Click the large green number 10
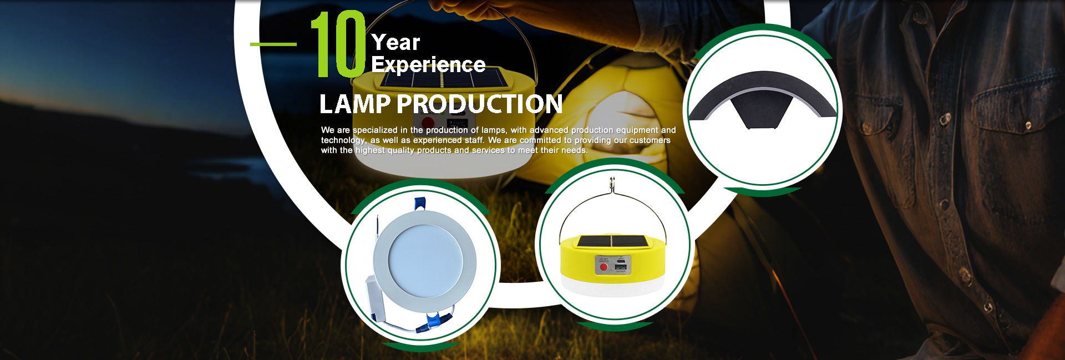pos(339,44)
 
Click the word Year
pos(395,42)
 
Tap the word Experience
pos(428,65)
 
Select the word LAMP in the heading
pos(355,104)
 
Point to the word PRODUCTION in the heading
pos(480,104)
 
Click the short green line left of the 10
pos(273,44)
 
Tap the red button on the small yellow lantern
pos(604,267)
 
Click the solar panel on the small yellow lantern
pos(612,242)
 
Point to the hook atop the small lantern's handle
pos(612,183)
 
